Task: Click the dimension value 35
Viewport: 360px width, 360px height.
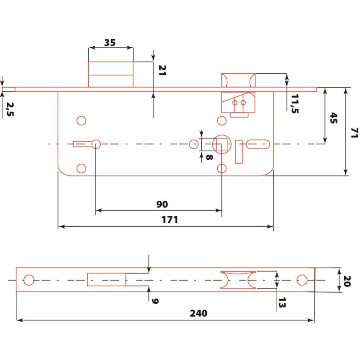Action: (110, 43)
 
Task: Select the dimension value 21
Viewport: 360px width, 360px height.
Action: (162, 70)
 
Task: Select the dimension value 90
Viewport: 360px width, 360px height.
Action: (162, 204)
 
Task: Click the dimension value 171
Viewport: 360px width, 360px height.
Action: (170, 220)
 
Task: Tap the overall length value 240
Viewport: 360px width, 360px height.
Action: (198, 313)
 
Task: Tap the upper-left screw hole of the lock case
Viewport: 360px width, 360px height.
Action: (81, 120)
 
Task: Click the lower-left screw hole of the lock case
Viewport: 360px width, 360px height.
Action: (81, 168)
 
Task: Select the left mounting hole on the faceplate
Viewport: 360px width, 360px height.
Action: (28, 280)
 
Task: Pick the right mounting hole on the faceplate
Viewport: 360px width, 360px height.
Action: (301, 280)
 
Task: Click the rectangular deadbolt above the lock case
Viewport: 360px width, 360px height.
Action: (111, 74)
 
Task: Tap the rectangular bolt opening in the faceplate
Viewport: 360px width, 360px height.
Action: (106, 279)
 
